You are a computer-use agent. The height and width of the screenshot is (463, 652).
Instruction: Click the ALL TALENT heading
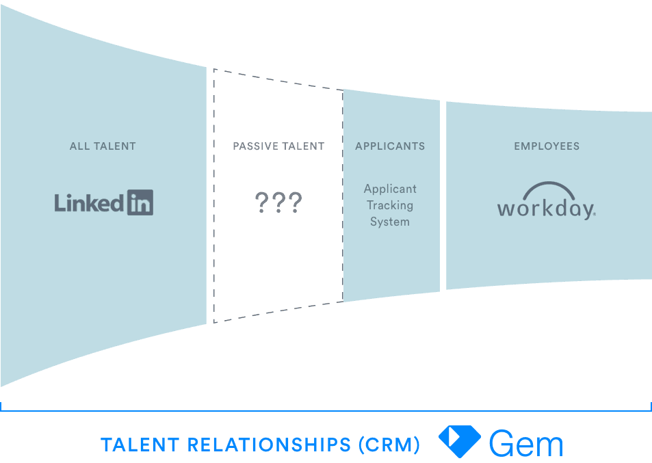pos(103,146)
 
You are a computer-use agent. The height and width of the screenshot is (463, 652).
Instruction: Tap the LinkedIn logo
pos(104,203)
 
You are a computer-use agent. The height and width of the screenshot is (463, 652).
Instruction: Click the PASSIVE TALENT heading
pos(278,146)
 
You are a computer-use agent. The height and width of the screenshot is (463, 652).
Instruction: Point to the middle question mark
pos(278,202)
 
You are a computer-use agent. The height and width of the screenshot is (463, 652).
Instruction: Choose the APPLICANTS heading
pos(390,146)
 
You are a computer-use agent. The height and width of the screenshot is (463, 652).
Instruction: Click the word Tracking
pos(390,205)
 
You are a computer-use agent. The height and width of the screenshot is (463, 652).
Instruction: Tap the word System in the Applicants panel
pos(390,222)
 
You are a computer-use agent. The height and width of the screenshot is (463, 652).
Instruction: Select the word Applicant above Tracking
pos(390,189)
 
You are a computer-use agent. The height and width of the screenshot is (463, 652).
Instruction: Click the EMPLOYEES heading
pos(547,146)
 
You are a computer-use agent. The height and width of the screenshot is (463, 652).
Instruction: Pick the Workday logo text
pos(546,208)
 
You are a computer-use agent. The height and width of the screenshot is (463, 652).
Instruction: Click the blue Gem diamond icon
pos(460,441)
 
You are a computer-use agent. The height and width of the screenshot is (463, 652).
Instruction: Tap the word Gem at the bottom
pos(526,444)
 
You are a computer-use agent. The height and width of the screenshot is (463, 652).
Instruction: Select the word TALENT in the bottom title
pos(140,445)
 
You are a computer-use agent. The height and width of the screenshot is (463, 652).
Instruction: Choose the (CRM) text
pos(389,445)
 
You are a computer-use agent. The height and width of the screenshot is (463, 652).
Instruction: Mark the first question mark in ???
pos(261,202)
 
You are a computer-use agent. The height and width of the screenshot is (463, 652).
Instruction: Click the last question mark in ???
pos(294,202)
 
